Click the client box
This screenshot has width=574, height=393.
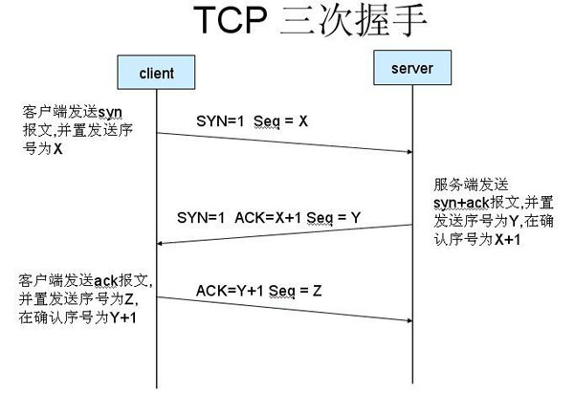155,73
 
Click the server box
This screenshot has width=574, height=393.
413,67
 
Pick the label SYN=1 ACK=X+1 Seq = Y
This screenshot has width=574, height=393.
269,218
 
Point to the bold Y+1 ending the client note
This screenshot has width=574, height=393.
121,318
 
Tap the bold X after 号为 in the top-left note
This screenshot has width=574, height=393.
57,149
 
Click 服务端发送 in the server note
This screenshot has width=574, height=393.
464,186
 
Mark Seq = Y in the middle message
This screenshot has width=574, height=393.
337,218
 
